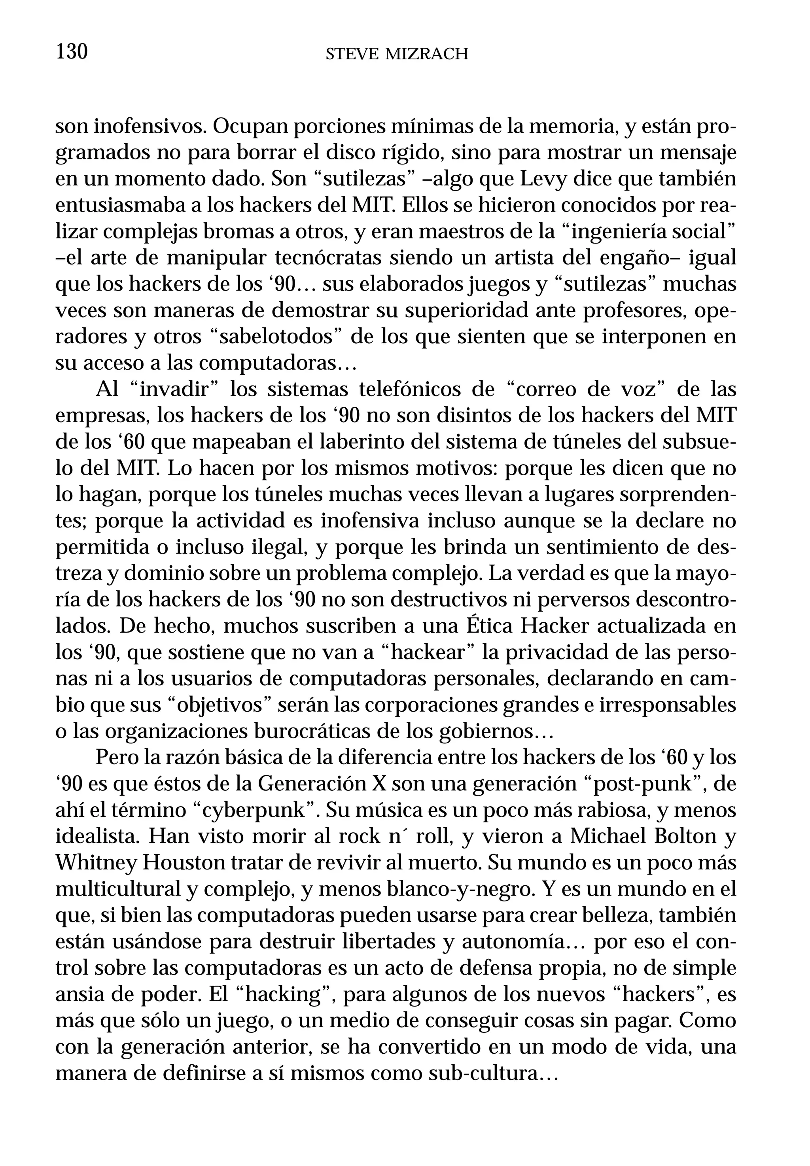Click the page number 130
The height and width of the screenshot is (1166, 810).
(x=72, y=52)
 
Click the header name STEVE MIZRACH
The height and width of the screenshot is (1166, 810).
(x=396, y=53)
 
